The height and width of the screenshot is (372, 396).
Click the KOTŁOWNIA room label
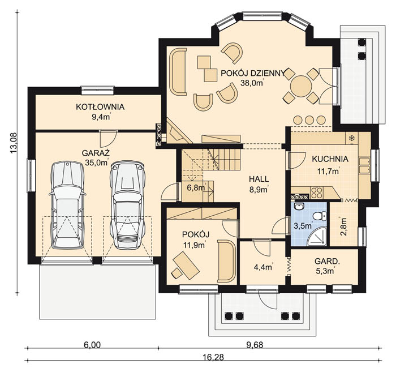[x=100, y=107]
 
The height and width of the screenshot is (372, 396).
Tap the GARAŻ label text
[x=96, y=153]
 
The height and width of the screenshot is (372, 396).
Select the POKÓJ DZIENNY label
[x=253, y=73]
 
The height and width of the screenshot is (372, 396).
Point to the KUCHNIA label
[x=330, y=159]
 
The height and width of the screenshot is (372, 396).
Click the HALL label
[x=259, y=179]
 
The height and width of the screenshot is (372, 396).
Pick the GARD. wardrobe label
[x=327, y=261]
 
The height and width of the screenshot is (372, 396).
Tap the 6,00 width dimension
[x=92, y=345]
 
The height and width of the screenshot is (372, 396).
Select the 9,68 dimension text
[x=255, y=345]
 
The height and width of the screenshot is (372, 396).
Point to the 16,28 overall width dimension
[x=213, y=357]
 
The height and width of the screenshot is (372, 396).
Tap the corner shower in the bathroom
[x=317, y=236]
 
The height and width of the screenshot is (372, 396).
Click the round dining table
[x=301, y=86]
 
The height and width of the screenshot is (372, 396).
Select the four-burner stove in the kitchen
[x=317, y=193]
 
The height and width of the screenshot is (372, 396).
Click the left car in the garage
[x=67, y=205]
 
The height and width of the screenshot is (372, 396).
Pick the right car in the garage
[x=127, y=205]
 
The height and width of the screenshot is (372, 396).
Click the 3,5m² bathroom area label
[x=303, y=225]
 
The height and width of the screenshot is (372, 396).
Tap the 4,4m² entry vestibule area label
[x=262, y=267]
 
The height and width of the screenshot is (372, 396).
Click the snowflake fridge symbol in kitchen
[x=351, y=138]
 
